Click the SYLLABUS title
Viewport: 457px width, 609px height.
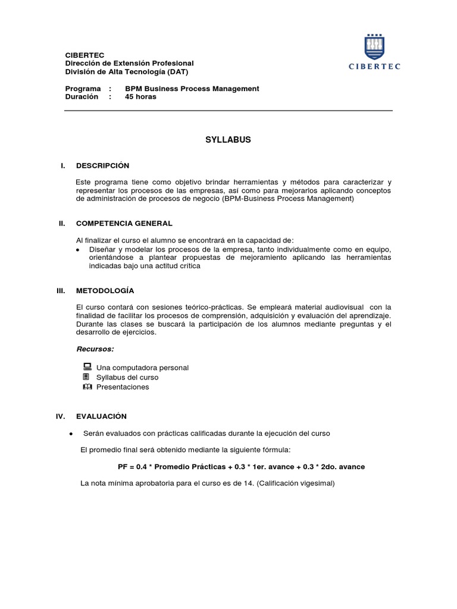tap(228, 140)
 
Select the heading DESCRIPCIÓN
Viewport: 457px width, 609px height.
tap(102, 165)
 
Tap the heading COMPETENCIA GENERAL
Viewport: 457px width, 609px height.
tap(124, 223)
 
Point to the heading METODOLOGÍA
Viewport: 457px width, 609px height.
tap(105, 290)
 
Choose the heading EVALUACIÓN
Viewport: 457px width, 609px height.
tap(101, 416)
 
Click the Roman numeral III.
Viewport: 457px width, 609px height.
tap(61, 290)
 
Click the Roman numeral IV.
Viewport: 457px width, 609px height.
tap(61, 416)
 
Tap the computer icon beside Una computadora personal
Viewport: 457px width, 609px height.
tap(87, 367)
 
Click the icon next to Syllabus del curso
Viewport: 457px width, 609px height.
tap(87, 377)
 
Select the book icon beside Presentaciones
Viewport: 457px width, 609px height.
tap(87, 387)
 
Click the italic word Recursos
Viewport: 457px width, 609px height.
tap(95, 349)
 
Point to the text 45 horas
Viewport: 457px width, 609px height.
tap(140, 96)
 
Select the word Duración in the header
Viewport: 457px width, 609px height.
tap(81, 96)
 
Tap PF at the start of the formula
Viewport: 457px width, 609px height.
tap(123, 467)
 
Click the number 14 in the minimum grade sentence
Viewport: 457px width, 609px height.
tap(240, 484)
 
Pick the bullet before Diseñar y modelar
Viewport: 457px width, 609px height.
tap(79, 250)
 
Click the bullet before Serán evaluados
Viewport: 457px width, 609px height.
tap(71, 434)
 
